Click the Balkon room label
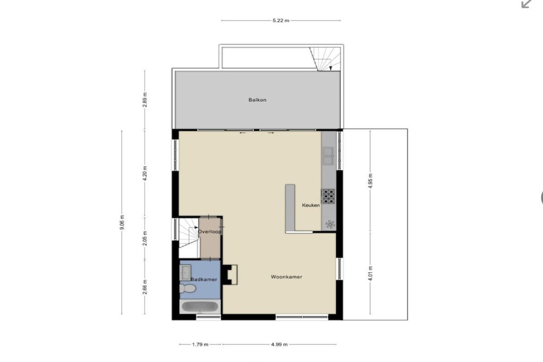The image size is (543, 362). tap(257, 100)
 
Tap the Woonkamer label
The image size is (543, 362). tap(286, 277)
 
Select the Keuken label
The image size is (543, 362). tap(311, 205)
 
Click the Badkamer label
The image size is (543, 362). tap(204, 279)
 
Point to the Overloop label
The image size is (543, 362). tap(209, 232)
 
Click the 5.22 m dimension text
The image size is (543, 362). tap(281, 21)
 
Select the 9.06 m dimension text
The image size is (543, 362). tap(122, 222)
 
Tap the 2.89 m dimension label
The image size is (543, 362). tap(145, 100)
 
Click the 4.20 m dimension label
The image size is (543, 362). tap(145, 173)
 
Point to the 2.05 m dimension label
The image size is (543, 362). tap(145, 238)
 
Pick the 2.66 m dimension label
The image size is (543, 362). tap(145, 287)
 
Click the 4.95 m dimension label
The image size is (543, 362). tap(370, 181)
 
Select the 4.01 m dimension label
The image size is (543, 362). tap(370, 273)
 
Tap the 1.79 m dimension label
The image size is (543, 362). tap(200, 345)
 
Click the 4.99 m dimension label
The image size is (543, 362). tap(279, 345)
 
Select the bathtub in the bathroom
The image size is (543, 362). tap(200, 307)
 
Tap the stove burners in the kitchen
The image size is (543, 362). tap(329, 196)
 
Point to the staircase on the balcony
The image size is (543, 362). tap(325, 59)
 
